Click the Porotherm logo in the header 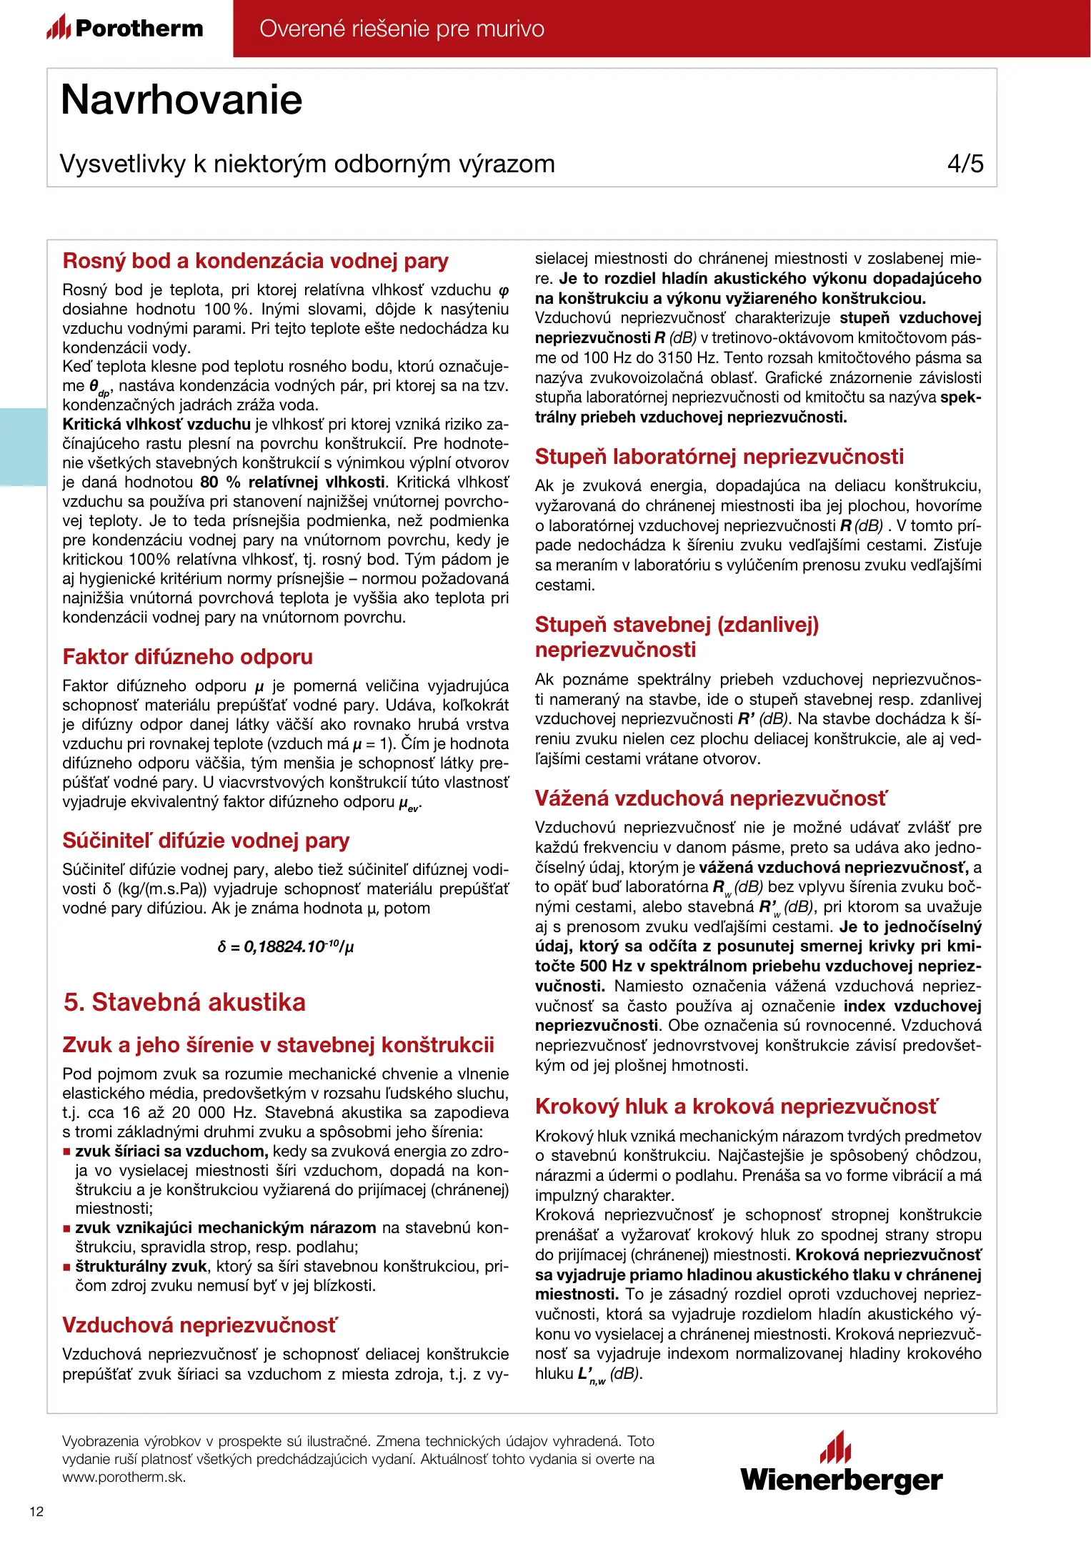click(125, 29)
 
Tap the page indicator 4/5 click(965, 164)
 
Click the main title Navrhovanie click(181, 99)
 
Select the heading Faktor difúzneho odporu click(187, 657)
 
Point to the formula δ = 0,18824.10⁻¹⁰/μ click(286, 946)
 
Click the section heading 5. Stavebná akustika click(184, 1002)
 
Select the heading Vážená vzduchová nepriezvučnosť click(711, 798)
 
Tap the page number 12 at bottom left click(36, 1511)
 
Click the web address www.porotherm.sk click(124, 1478)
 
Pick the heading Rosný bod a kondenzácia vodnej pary click(255, 261)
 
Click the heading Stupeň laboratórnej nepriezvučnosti click(719, 457)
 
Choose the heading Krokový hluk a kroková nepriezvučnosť click(736, 1107)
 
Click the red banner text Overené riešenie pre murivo click(402, 29)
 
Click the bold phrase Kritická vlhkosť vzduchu click(156, 424)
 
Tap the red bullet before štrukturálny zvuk click(66, 1267)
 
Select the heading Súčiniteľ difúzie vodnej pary click(206, 841)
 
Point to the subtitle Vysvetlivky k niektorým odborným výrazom click(307, 164)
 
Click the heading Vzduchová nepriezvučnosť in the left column click(199, 1325)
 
